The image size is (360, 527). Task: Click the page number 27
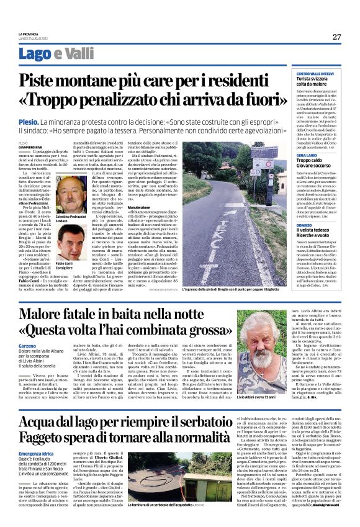click(336, 37)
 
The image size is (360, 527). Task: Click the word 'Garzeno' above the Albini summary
click(29, 345)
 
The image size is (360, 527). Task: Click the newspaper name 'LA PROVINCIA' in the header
click(28, 33)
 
